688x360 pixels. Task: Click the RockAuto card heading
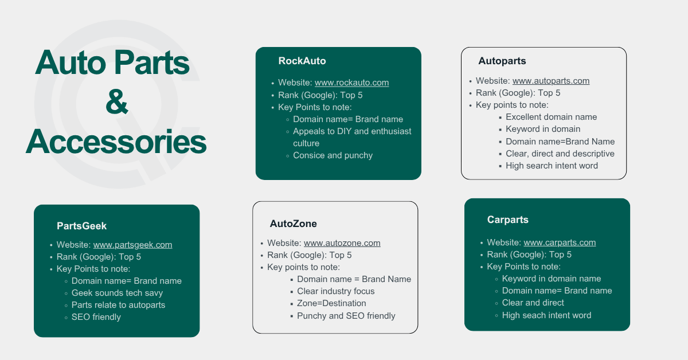(302, 61)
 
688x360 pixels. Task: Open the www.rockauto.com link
(351, 83)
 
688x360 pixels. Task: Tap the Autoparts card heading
(502, 61)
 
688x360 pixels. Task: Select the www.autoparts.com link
(550, 81)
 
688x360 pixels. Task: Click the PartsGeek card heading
(81, 226)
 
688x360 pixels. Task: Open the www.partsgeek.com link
(132, 245)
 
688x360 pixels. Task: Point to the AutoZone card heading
(293, 224)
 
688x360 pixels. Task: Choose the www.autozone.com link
(342, 243)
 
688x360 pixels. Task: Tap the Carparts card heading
(507, 220)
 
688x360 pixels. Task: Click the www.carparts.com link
(560, 242)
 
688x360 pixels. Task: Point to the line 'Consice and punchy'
(333, 155)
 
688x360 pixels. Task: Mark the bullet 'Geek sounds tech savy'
(117, 293)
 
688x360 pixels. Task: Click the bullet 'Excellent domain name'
(551, 117)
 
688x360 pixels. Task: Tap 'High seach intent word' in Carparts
(546, 315)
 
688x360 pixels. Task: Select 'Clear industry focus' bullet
(335, 291)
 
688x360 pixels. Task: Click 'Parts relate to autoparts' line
(118, 305)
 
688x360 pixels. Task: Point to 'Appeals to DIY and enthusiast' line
(352, 131)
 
